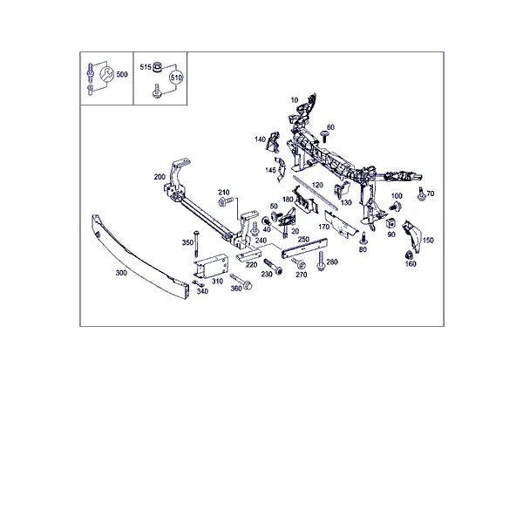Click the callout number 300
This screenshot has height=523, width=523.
click(121, 273)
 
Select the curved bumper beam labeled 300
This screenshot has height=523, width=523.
click(139, 257)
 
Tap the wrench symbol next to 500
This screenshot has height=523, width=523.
click(107, 74)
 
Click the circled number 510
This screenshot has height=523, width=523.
click(176, 78)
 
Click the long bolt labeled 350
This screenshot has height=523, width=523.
click(196, 243)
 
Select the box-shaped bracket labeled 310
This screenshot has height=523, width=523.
click(211, 266)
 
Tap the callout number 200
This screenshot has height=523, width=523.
click(160, 177)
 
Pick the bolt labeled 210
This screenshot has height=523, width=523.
click(226, 201)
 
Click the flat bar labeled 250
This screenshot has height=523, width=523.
click(304, 248)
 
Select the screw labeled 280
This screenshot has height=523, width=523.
click(321, 261)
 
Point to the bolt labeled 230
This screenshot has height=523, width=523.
click(273, 267)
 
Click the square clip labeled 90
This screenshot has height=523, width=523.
click(391, 223)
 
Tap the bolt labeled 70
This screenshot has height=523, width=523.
click(421, 194)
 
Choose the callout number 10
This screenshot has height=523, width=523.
click(295, 99)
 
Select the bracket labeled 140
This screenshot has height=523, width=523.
click(273, 141)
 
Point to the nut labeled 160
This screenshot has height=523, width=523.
click(408, 255)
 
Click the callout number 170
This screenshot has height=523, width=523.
click(324, 227)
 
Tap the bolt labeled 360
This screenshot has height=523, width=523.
click(241, 282)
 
